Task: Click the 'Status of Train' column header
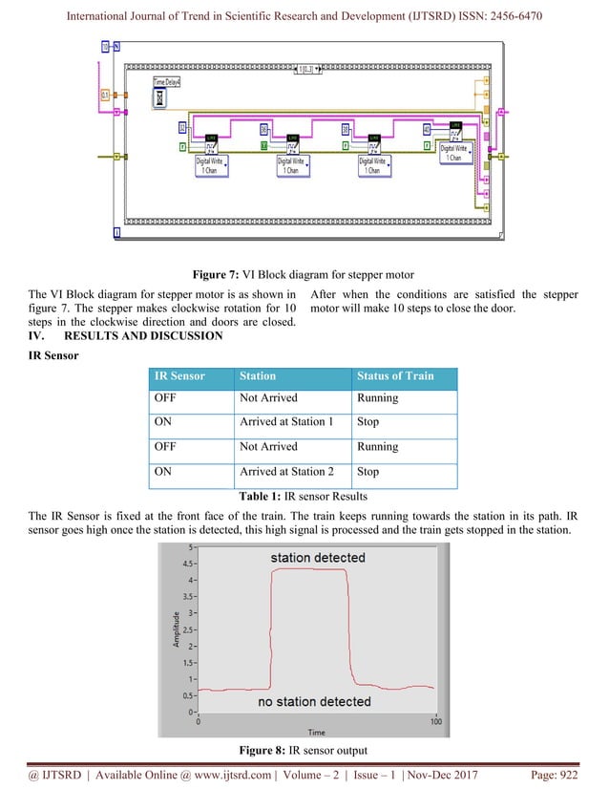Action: coord(394,375)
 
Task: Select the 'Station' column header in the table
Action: coord(259,375)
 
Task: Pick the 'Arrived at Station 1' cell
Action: coord(286,421)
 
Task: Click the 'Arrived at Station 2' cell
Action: coord(286,471)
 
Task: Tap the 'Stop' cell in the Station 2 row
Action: coord(367,471)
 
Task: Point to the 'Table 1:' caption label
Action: coord(254,495)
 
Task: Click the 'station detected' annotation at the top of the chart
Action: coord(317,558)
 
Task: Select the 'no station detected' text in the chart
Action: coord(314,702)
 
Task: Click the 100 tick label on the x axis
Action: coord(435,722)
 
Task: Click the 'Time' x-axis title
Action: coord(315,731)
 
